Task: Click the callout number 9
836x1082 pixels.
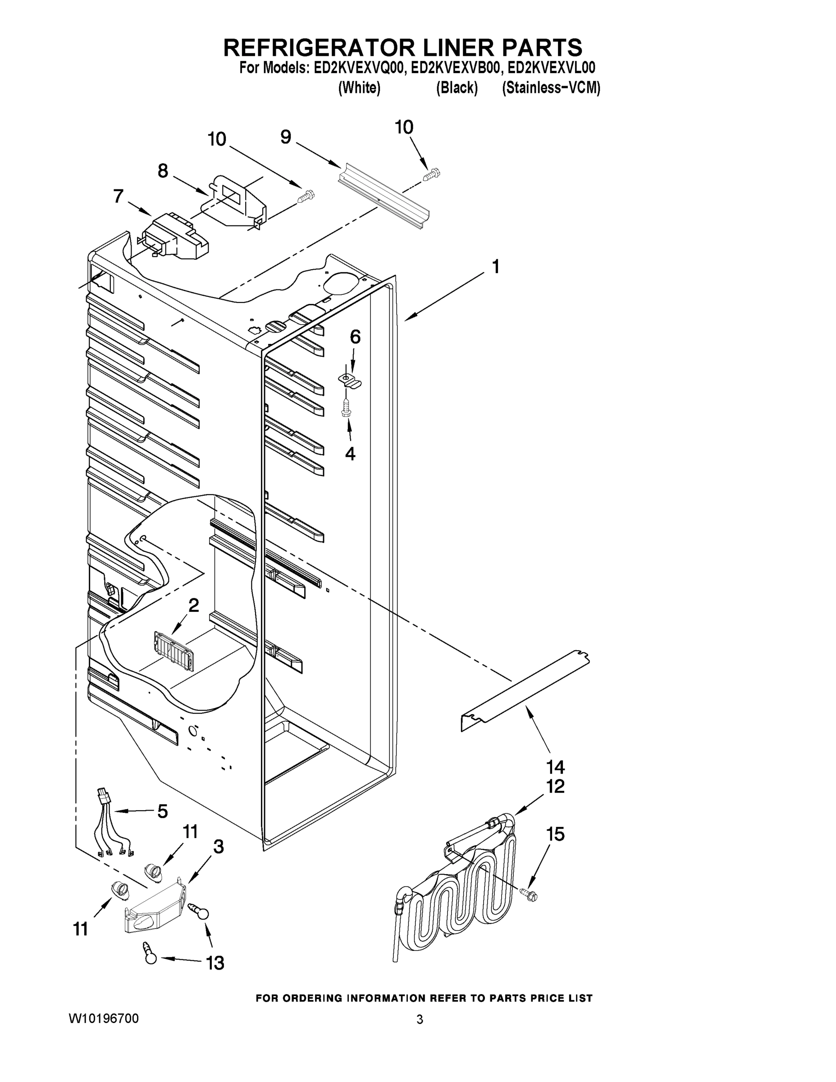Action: (x=286, y=137)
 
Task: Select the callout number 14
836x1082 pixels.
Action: (x=555, y=767)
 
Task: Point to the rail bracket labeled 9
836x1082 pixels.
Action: (x=384, y=196)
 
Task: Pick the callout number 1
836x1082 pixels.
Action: (x=495, y=267)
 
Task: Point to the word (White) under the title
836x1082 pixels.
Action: (x=359, y=88)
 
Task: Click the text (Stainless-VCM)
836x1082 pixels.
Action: (x=551, y=88)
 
